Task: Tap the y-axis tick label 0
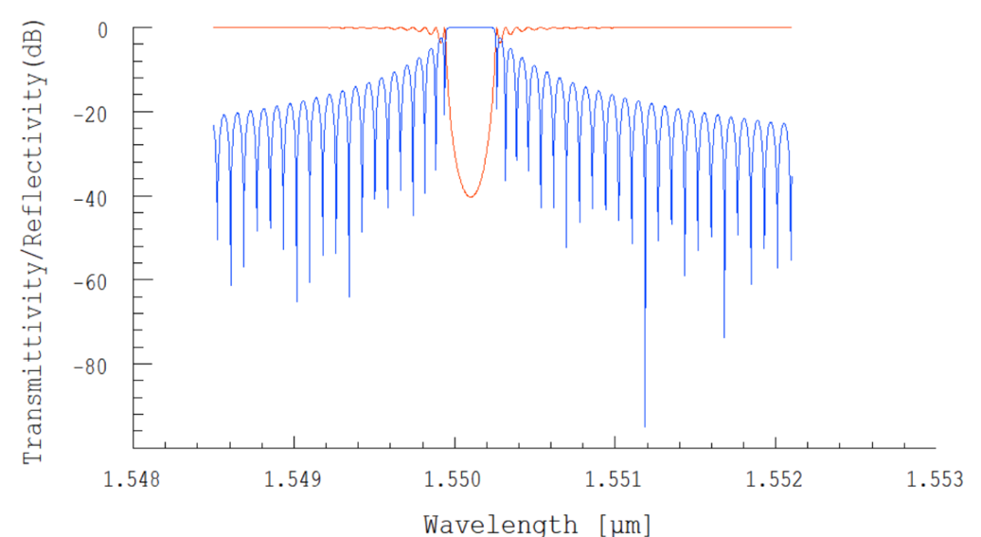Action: tap(100, 29)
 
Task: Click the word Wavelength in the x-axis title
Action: tap(499, 524)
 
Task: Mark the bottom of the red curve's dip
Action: tap(470, 196)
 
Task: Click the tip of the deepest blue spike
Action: tap(645, 426)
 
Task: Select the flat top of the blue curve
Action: tap(471, 28)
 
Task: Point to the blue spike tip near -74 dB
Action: tap(724, 337)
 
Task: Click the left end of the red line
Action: tap(214, 27)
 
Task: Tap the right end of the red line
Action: tap(791, 27)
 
